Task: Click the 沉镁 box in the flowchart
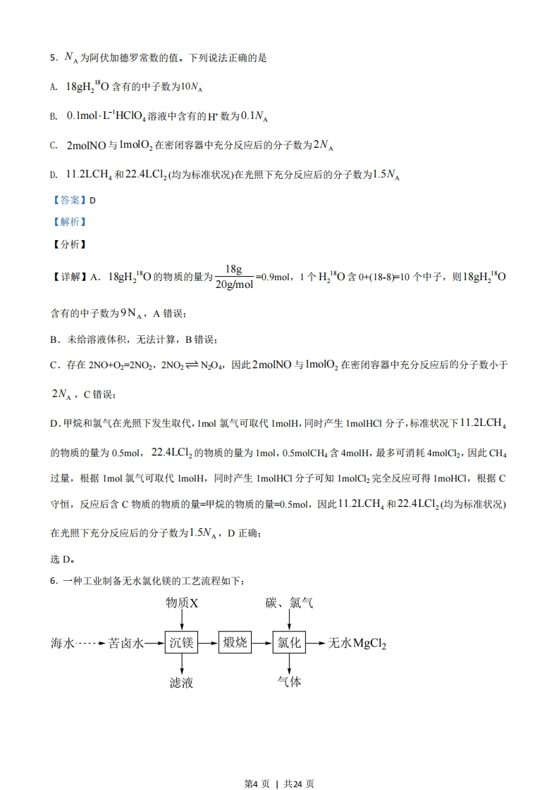tap(182, 643)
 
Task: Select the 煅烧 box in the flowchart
tap(235, 643)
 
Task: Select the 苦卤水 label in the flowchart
tap(127, 643)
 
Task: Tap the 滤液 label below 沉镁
tap(182, 682)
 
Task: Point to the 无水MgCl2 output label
tap(357, 644)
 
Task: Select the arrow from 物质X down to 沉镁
tap(182, 620)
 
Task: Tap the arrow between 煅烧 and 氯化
tap(262, 643)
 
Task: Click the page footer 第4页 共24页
tap(279, 764)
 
